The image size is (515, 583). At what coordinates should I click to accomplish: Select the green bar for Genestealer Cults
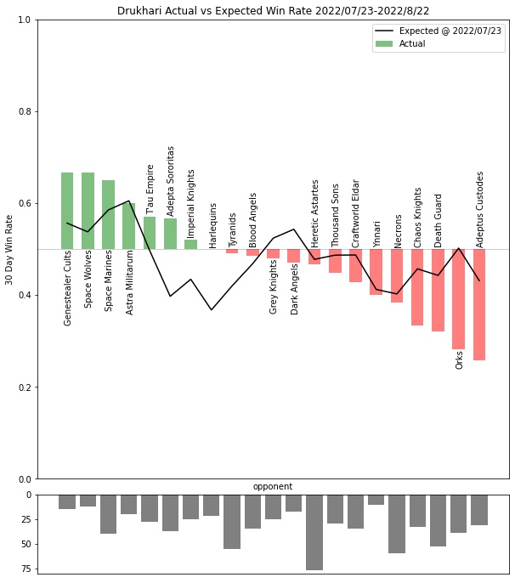click(67, 211)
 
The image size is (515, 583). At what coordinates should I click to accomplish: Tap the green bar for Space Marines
click(108, 214)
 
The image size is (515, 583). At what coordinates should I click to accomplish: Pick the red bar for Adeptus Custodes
click(479, 304)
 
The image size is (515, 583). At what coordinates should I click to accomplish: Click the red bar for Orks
click(459, 298)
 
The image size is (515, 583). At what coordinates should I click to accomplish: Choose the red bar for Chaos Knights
click(417, 287)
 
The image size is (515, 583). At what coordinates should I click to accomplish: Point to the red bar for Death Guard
click(438, 290)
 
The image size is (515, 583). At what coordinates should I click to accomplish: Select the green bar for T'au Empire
click(150, 233)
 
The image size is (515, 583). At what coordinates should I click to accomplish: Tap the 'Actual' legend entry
click(412, 43)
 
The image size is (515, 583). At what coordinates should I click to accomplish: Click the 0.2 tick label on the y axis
click(25, 388)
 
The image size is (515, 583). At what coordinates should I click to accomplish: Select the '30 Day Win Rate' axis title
click(9, 249)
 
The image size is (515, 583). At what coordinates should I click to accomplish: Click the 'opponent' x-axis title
click(273, 487)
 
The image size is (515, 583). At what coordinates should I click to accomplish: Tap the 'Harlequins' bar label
click(212, 224)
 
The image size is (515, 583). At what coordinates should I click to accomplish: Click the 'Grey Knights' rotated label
click(274, 286)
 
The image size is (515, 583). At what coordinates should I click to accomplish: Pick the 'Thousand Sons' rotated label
click(335, 215)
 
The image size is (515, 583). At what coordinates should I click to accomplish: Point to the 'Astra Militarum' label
click(129, 282)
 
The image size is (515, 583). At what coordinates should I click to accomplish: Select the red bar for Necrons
click(397, 275)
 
